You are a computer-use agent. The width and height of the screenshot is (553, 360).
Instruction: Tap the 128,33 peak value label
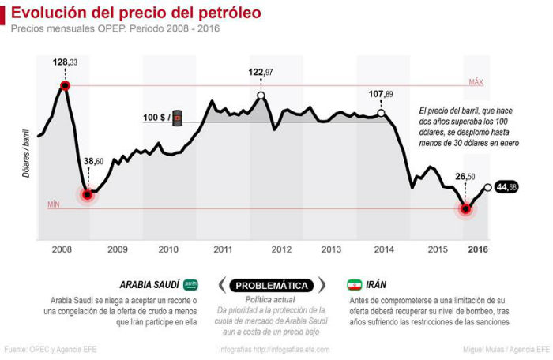coord(65,62)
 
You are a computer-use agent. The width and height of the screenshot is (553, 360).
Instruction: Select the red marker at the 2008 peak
coord(65,85)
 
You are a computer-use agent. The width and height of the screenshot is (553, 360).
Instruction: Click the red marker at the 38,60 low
coord(88,193)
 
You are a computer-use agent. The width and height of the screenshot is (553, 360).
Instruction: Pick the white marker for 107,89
coord(382,113)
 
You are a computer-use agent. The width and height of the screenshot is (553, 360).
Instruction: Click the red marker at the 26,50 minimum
coord(466,209)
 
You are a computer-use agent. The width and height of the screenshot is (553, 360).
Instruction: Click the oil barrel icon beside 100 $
coord(179,118)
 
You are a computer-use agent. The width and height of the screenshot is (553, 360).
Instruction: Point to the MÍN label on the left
coord(54,204)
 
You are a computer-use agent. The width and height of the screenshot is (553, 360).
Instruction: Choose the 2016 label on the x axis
coord(477,249)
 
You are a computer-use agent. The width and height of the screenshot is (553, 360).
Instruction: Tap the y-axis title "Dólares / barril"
coord(27,150)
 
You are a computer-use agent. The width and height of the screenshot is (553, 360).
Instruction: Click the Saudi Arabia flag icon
coord(191,285)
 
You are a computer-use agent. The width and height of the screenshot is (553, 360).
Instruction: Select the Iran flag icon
coord(353,285)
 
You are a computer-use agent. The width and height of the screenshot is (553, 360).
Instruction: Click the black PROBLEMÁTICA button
coord(273,285)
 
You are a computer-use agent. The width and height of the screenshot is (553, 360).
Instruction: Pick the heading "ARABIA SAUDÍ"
coord(149,285)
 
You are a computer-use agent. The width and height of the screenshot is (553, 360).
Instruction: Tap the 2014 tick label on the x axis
coord(384,249)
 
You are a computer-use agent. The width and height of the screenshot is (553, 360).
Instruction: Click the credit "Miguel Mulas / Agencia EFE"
coord(506,349)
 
